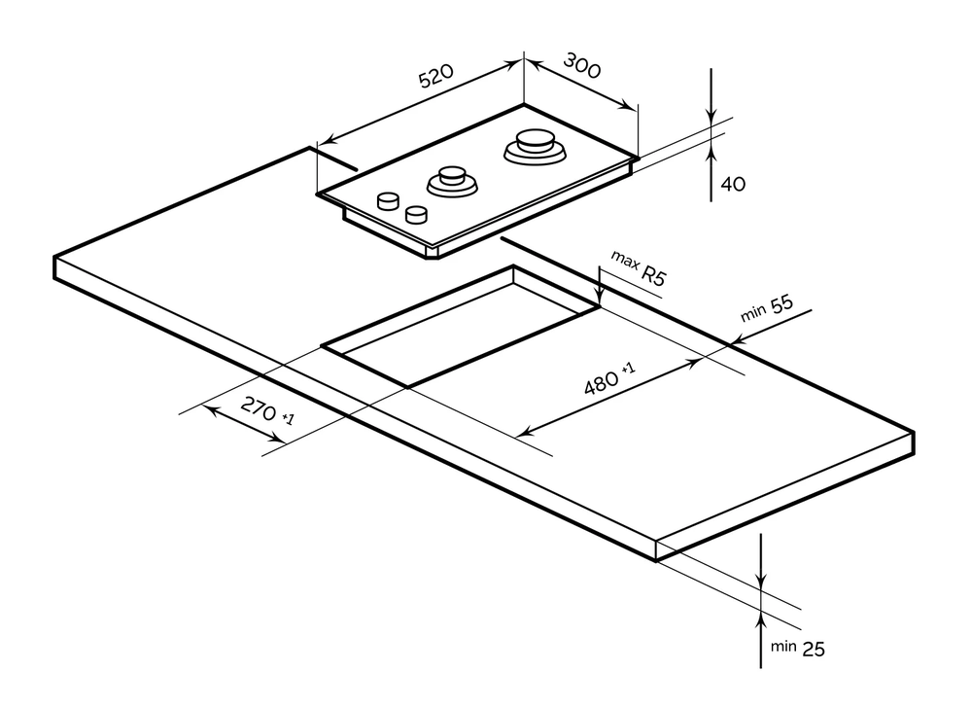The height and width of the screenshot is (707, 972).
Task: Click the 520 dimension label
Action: [437, 78]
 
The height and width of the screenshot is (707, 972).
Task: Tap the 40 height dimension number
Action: [734, 183]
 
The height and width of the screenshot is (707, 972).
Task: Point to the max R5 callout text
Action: [639, 267]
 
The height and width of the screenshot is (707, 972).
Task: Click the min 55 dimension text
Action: [768, 309]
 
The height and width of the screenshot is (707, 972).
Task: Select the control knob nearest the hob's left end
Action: [389, 200]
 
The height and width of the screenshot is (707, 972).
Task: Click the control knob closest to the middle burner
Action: [417, 213]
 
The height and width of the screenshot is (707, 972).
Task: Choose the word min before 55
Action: [753, 314]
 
